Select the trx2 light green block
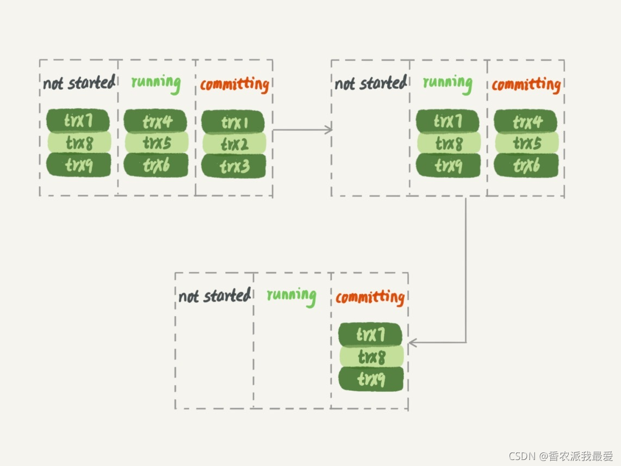click(x=234, y=144)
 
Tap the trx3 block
click(x=234, y=166)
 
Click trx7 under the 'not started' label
click(x=78, y=120)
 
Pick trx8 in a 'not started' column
click(x=79, y=142)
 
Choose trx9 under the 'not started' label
click(x=78, y=164)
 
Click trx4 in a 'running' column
click(x=156, y=121)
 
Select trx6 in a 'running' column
click(x=156, y=164)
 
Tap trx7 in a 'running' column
click(x=448, y=121)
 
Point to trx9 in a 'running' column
click(x=448, y=165)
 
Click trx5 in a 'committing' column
click(x=527, y=143)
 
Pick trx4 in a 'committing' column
click(x=525, y=121)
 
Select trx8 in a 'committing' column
click(x=371, y=356)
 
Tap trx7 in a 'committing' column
click(x=370, y=334)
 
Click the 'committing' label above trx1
click(x=234, y=84)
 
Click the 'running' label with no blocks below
click(x=291, y=296)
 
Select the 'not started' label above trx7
click(x=79, y=83)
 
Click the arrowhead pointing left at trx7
click(x=412, y=342)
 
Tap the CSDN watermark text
click(x=561, y=456)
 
